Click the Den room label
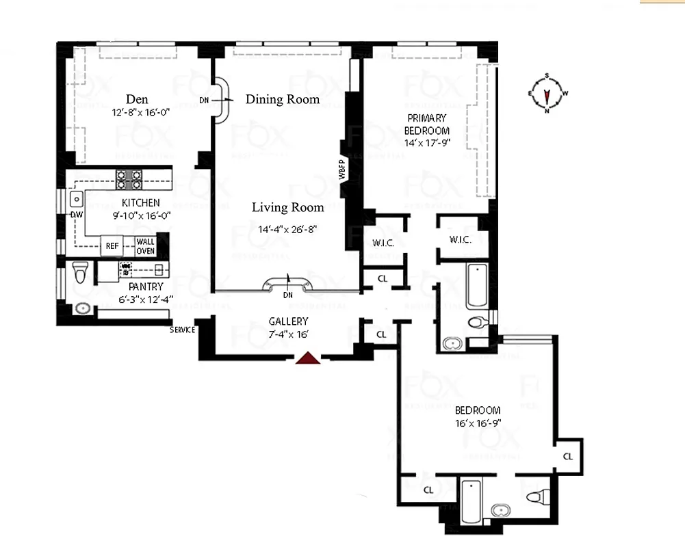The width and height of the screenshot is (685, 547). (x=136, y=100)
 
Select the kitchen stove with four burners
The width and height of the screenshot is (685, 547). (x=129, y=179)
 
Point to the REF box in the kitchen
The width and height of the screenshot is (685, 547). (x=112, y=245)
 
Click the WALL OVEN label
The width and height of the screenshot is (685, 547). (x=145, y=246)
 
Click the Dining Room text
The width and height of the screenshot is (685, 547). (x=283, y=99)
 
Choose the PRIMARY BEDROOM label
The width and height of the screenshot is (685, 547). (x=427, y=124)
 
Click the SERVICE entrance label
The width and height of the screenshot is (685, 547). (x=183, y=330)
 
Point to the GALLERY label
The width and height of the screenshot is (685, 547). (x=288, y=321)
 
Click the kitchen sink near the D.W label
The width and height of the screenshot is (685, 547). (x=76, y=199)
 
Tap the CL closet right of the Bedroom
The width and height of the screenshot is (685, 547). (x=568, y=456)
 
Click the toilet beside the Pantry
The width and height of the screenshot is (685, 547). (x=80, y=272)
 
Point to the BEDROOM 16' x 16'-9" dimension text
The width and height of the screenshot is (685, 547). (x=478, y=423)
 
